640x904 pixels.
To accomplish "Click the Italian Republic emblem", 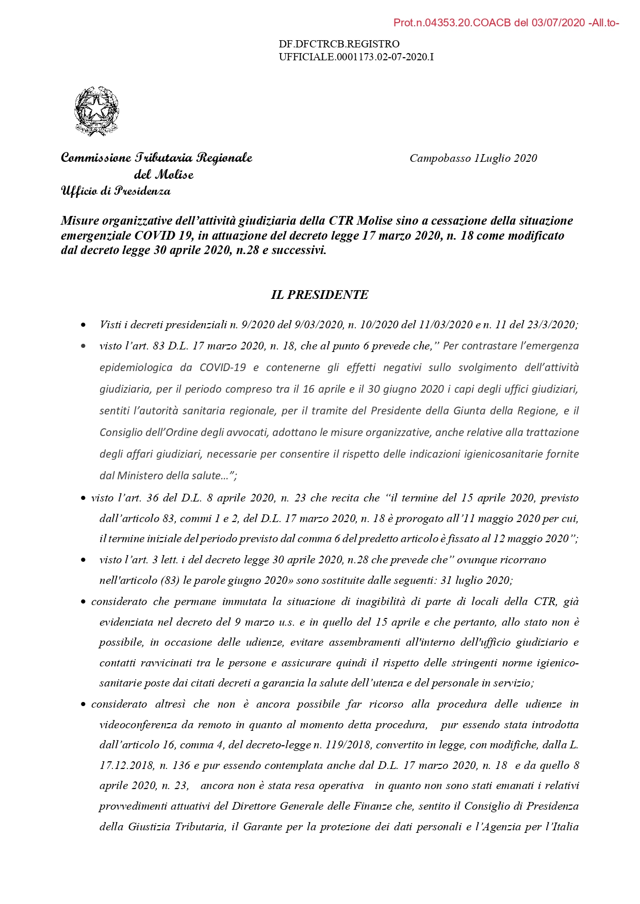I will [x=96, y=111].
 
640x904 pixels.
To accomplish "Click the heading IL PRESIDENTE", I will [x=320, y=295].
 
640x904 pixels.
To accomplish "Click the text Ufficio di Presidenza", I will [x=116, y=191].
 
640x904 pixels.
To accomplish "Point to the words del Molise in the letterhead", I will [x=163, y=175].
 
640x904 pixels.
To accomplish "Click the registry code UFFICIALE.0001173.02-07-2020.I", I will [x=356, y=57].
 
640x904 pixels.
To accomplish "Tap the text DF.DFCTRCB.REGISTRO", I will [x=339, y=44].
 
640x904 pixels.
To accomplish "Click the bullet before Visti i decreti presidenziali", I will [x=83, y=325].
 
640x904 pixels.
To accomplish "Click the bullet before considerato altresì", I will [x=83, y=705].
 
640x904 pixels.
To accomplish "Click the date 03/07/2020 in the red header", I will [x=559, y=23].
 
